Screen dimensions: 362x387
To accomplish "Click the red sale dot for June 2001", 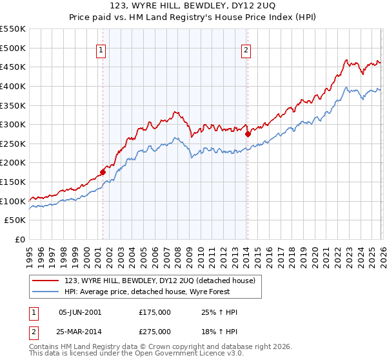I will click(x=103, y=172).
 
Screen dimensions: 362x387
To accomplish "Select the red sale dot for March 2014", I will click(x=248, y=134).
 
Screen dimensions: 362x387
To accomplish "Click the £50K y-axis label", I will click(x=15, y=220).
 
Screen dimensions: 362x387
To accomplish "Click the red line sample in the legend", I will click(x=46, y=281).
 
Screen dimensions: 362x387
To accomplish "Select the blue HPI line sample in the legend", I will click(x=46, y=291).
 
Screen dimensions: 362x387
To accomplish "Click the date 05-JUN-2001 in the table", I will click(x=80, y=312).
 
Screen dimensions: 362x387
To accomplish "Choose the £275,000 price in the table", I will click(x=155, y=331).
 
